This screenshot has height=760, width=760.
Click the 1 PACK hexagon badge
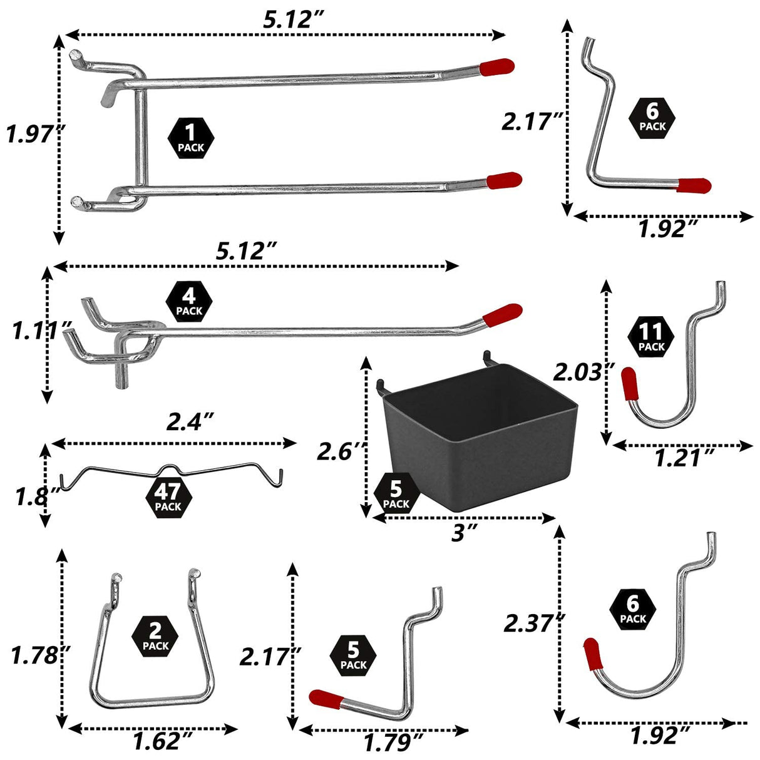[191, 138]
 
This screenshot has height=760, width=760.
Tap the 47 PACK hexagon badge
[168, 498]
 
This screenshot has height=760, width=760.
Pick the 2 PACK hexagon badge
[155, 637]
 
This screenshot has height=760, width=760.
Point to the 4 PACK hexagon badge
[189, 303]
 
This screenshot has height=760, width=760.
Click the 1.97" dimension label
[33, 135]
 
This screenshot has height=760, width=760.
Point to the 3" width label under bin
[465, 534]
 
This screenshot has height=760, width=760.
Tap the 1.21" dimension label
[684, 460]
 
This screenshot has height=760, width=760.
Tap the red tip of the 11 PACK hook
[630, 384]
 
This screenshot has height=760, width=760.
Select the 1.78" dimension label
[39, 655]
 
